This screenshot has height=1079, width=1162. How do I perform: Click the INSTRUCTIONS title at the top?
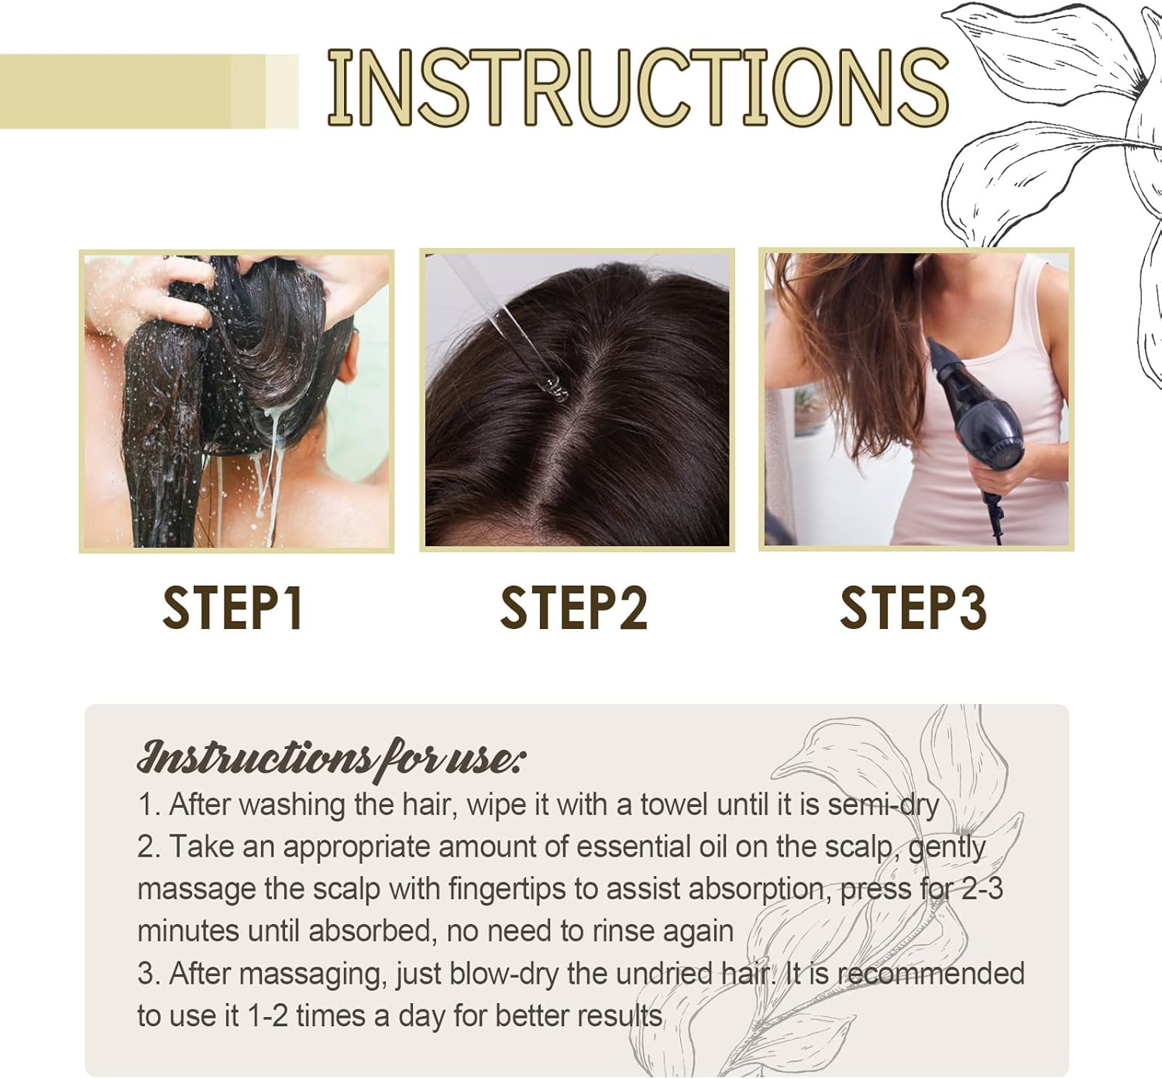point(637,88)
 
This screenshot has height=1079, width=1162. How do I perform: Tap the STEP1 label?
point(232,608)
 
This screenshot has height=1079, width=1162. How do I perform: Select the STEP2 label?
point(573,608)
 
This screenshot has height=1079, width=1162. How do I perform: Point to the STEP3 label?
point(913,608)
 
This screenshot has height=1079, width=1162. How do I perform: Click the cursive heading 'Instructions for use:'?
point(331,758)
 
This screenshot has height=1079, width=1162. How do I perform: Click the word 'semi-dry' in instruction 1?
point(883,805)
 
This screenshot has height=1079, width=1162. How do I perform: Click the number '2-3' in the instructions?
point(982,888)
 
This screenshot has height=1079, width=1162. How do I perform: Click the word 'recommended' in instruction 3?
point(931,974)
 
